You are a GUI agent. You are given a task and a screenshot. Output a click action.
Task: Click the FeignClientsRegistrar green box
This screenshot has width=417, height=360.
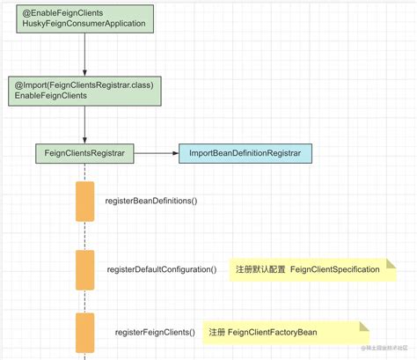pyautogui.click(x=84, y=153)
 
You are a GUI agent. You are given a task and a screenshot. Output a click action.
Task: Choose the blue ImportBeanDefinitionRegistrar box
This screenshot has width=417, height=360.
pyautogui.click(x=245, y=153)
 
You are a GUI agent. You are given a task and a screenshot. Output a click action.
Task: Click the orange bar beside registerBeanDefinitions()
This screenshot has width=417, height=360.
pyautogui.click(x=85, y=201)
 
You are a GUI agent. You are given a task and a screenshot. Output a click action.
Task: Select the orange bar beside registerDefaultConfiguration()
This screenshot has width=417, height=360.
pyautogui.click(x=85, y=269)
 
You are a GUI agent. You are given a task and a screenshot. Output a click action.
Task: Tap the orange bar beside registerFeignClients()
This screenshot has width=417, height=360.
pyautogui.click(x=85, y=332)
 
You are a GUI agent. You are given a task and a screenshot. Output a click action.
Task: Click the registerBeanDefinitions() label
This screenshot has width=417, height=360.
pyautogui.click(x=150, y=202)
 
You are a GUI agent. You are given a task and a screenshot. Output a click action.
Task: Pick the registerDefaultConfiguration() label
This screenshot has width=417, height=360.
pyautogui.click(x=161, y=269)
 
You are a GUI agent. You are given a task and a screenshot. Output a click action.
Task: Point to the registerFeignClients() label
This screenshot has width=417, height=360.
pyautogui.click(x=155, y=332)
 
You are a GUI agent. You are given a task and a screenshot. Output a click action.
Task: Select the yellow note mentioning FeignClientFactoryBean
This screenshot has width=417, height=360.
pyautogui.click(x=283, y=332)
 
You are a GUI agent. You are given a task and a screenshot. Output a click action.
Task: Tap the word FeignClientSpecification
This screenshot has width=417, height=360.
pyautogui.click(x=334, y=269)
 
